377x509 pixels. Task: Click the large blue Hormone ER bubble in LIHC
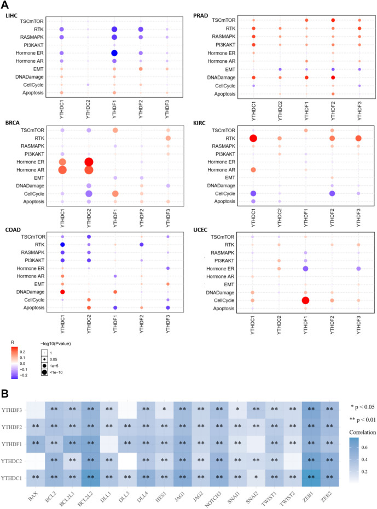(114, 53)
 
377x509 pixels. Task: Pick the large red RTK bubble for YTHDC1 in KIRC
(253, 139)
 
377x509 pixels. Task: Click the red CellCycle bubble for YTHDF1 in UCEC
(305, 301)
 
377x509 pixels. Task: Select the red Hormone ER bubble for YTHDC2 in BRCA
(88, 162)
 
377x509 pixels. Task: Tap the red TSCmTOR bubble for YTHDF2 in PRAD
(333, 20)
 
